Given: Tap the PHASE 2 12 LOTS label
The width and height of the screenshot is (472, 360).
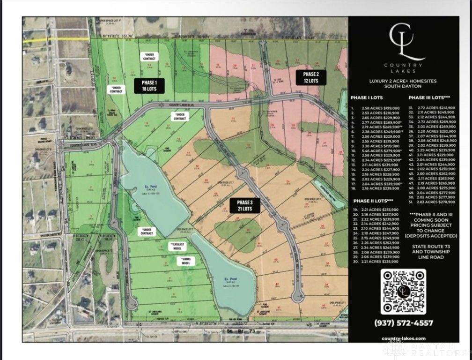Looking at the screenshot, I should click(310, 77).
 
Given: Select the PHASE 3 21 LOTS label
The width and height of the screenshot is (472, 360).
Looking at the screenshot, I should click(244, 206).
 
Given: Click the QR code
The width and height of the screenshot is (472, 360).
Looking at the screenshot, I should click(403, 292).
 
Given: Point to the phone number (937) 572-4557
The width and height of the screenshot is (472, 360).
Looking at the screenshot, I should click(403, 323).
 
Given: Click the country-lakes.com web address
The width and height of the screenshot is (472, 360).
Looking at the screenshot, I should click(403, 338).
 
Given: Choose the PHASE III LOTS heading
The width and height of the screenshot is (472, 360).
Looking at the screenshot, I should click(429, 97).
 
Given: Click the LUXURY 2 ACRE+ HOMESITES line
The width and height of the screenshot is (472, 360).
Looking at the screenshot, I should click(403, 81).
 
